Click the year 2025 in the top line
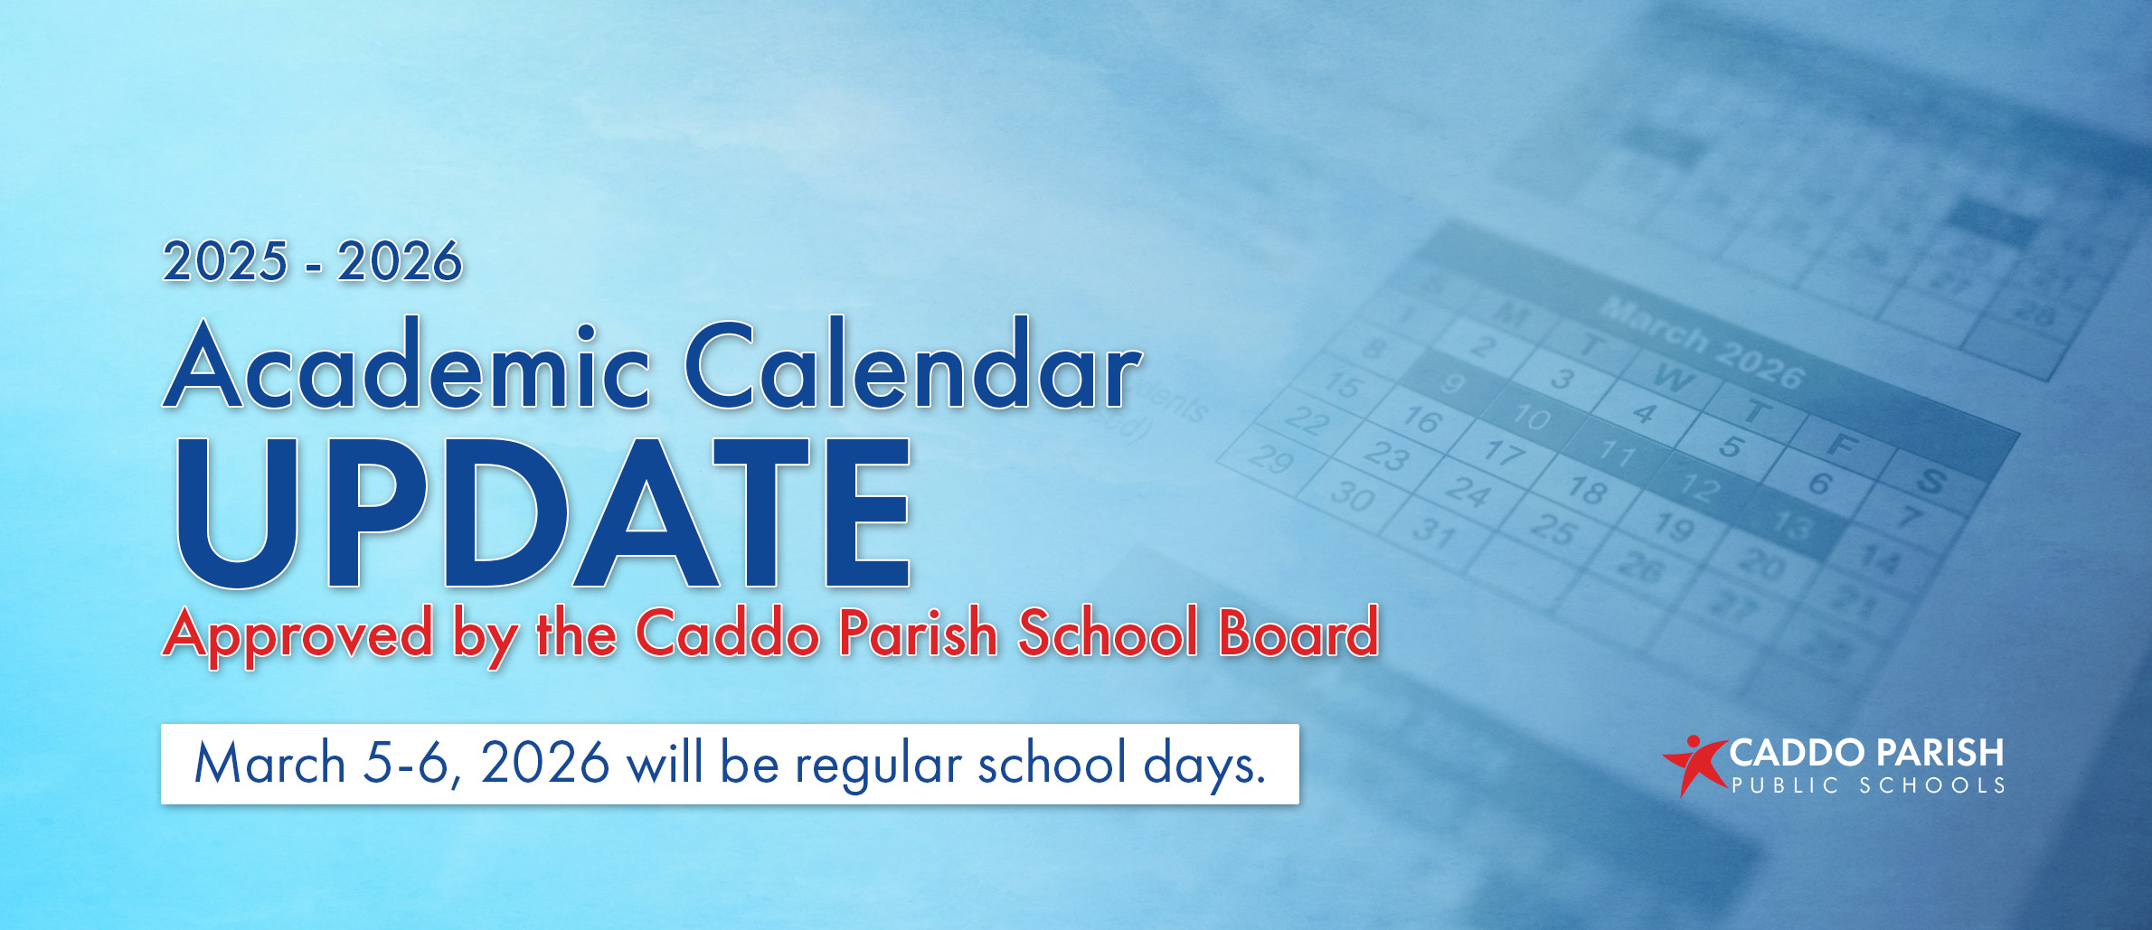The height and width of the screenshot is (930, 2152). click(225, 262)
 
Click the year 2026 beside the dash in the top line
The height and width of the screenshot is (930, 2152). click(400, 262)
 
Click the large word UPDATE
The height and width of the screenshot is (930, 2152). click(543, 512)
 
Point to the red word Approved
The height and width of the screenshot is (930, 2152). click(298, 634)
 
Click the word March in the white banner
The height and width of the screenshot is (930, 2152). click(269, 764)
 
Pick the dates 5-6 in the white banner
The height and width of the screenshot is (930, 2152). click(407, 764)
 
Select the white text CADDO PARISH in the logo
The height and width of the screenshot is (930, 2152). click(1866, 753)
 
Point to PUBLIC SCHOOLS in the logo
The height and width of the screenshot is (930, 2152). click(1868, 786)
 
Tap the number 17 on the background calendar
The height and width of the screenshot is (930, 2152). click(1505, 450)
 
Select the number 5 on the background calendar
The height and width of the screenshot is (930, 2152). click(1731, 446)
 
